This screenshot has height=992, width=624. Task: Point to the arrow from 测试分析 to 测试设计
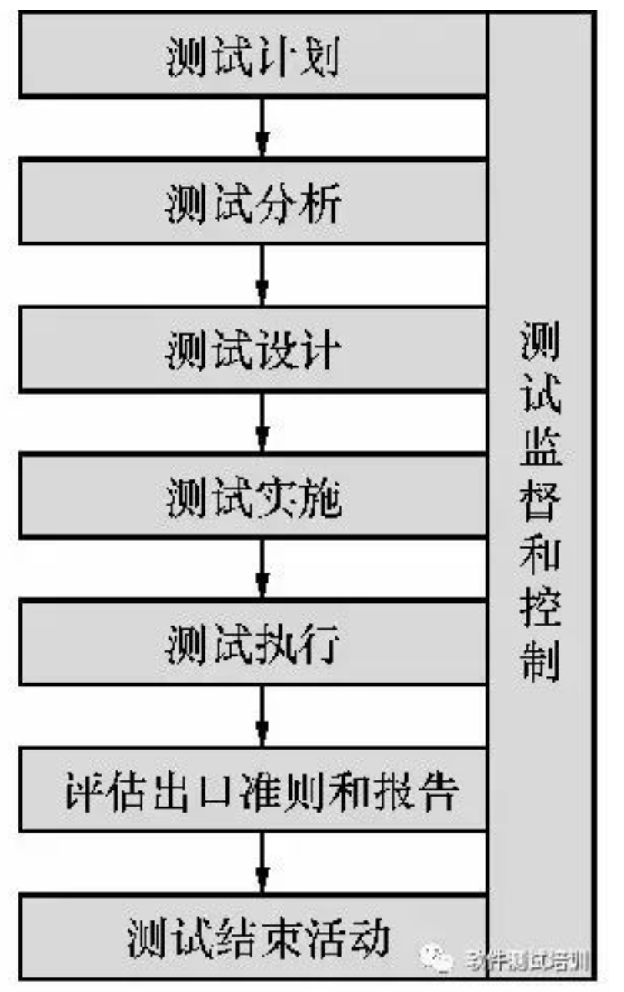[x=262, y=277]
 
